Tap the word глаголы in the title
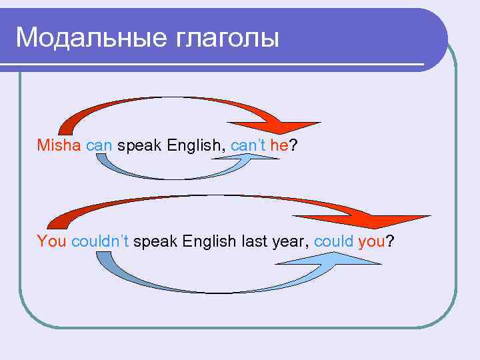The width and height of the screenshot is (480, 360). click(x=227, y=38)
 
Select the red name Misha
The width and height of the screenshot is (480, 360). click(x=59, y=145)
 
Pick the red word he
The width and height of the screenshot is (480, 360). click(x=279, y=145)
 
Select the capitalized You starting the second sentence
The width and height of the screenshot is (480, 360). click(x=51, y=241)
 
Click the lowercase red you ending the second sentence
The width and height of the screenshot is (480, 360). click(x=371, y=241)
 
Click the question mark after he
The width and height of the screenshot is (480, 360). click(x=293, y=145)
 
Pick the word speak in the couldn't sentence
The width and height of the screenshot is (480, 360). click(x=156, y=241)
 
